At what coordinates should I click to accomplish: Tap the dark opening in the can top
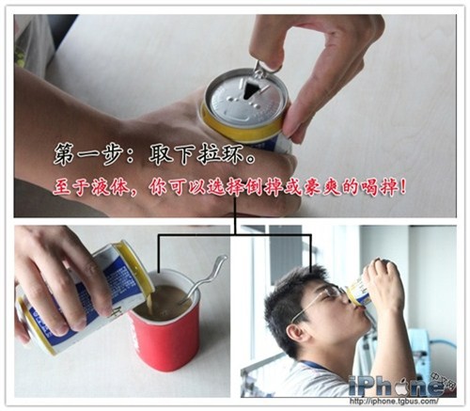pyautogui.click(x=250, y=88)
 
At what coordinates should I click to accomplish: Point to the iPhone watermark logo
pyautogui.click(x=398, y=385)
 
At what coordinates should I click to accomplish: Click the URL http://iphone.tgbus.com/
pyautogui.click(x=394, y=401)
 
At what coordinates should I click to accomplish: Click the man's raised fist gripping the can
pyautogui.click(x=383, y=285)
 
